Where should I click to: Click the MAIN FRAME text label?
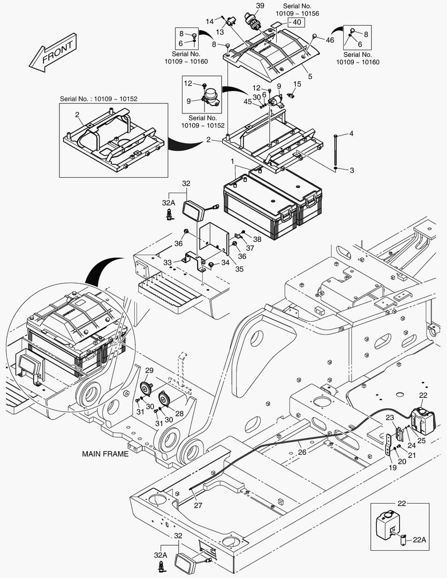coord(105,454)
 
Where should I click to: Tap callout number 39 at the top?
coord(260,5)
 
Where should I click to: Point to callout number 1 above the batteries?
coord(232,161)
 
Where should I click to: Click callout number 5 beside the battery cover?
coord(310,77)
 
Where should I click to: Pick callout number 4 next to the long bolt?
coord(352,133)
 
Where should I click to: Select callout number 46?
coord(330,40)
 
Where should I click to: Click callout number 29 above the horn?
coord(149,371)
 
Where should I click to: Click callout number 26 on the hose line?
coord(302,452)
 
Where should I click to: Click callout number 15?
coord(297,84)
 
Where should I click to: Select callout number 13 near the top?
coord(220,32)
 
